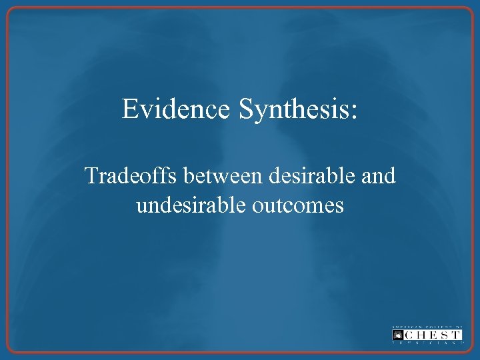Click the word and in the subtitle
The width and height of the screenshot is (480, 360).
[x=379, y=176]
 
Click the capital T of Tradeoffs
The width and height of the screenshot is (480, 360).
[x=91, y=176]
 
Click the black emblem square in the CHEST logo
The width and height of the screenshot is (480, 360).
[x=398, y=334]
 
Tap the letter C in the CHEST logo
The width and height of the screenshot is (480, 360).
[x=410, y=334]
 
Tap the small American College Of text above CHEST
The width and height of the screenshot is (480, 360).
[x=427, y=326]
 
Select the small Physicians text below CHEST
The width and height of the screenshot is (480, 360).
[x=427, y=343]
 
